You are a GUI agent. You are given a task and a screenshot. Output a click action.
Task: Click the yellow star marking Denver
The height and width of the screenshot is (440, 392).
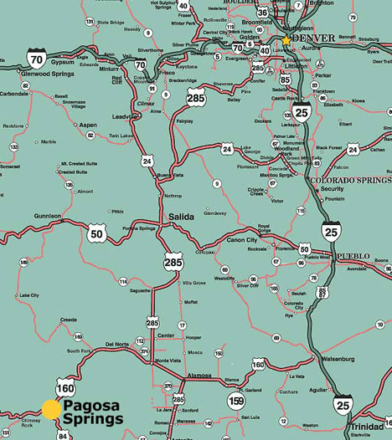[286, 39]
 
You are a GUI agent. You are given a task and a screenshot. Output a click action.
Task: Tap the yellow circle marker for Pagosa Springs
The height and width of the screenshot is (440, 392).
[52, 408]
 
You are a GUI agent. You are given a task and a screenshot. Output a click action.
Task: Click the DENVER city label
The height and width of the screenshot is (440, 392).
[314, 38]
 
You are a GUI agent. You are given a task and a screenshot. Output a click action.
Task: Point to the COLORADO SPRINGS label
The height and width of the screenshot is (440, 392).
[350, 180]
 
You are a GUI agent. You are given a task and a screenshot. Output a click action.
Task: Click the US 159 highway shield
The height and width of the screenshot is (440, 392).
[236, 402]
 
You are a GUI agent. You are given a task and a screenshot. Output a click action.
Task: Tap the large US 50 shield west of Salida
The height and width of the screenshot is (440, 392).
[95, 233]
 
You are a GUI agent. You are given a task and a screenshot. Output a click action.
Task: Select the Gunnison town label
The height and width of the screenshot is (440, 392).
[47, 215]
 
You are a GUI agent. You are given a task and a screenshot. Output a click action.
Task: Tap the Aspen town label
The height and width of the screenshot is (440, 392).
[88, 124]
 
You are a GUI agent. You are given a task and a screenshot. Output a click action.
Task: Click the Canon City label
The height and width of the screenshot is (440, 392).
[243, 241]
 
